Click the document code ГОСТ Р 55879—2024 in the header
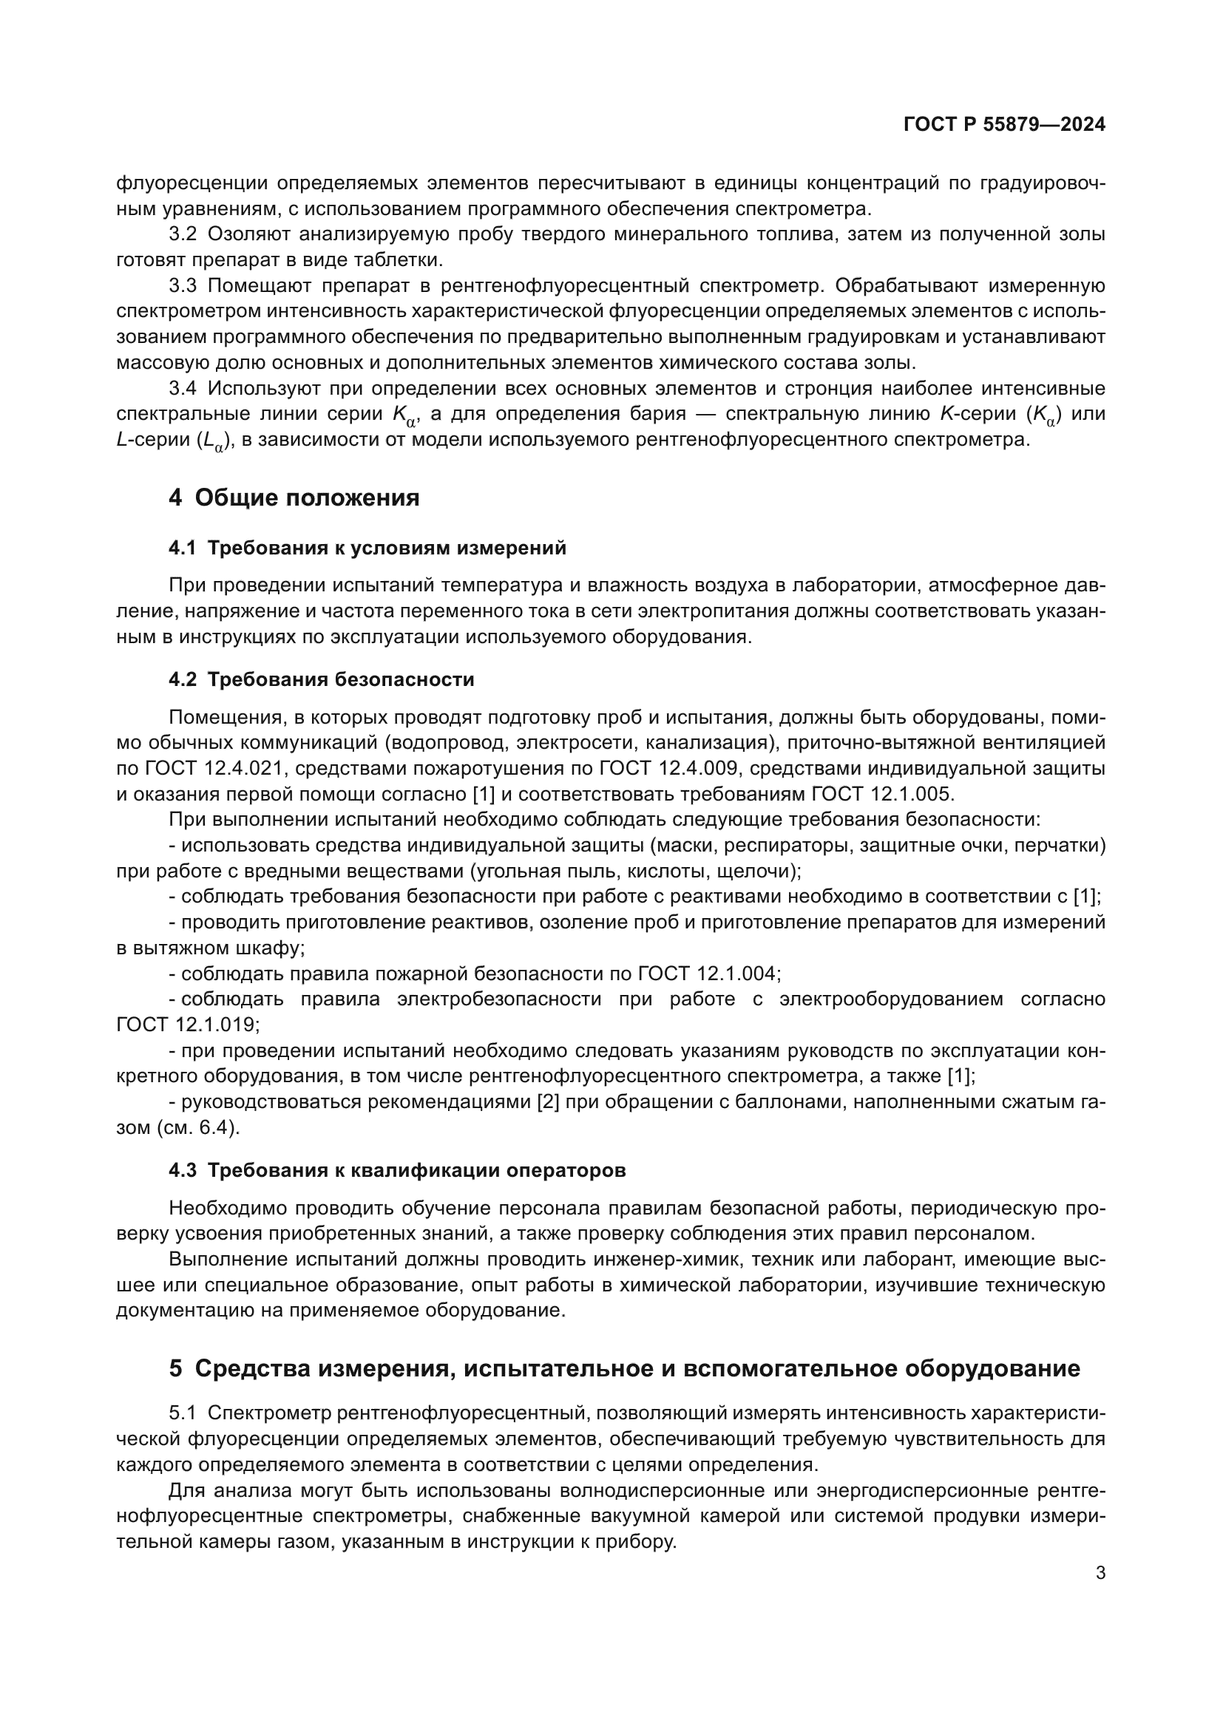1004,125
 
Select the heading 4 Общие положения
294,497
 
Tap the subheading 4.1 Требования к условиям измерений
367,548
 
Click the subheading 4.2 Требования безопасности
322,679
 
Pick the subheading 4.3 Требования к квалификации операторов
397,1170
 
